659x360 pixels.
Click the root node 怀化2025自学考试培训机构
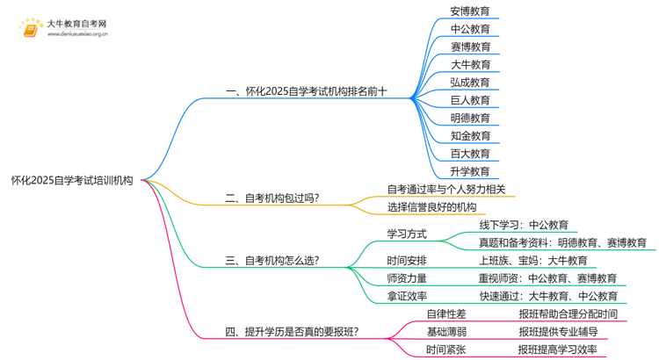(72, 181)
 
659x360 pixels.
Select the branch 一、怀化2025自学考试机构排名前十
(306, 90)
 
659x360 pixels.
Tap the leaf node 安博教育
(470, 11)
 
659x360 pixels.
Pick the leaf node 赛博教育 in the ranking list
(470, 47)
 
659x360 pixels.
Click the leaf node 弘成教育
(470, 83)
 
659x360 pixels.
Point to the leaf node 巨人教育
(470, 100)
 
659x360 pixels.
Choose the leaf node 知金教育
(470, 136)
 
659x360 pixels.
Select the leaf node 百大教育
(470, 154)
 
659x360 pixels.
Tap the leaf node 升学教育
(470, 171)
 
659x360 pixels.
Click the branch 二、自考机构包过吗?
(272, 198)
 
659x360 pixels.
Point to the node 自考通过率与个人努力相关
(446, 189)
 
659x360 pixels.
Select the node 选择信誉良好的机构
(431, 207)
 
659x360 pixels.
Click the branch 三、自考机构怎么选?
(272, 261)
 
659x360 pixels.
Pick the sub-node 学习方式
(407, 234)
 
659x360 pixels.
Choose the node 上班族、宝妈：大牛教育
(532, 261)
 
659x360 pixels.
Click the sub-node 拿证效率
(407, 297)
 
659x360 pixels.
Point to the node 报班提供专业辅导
(557, 332)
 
